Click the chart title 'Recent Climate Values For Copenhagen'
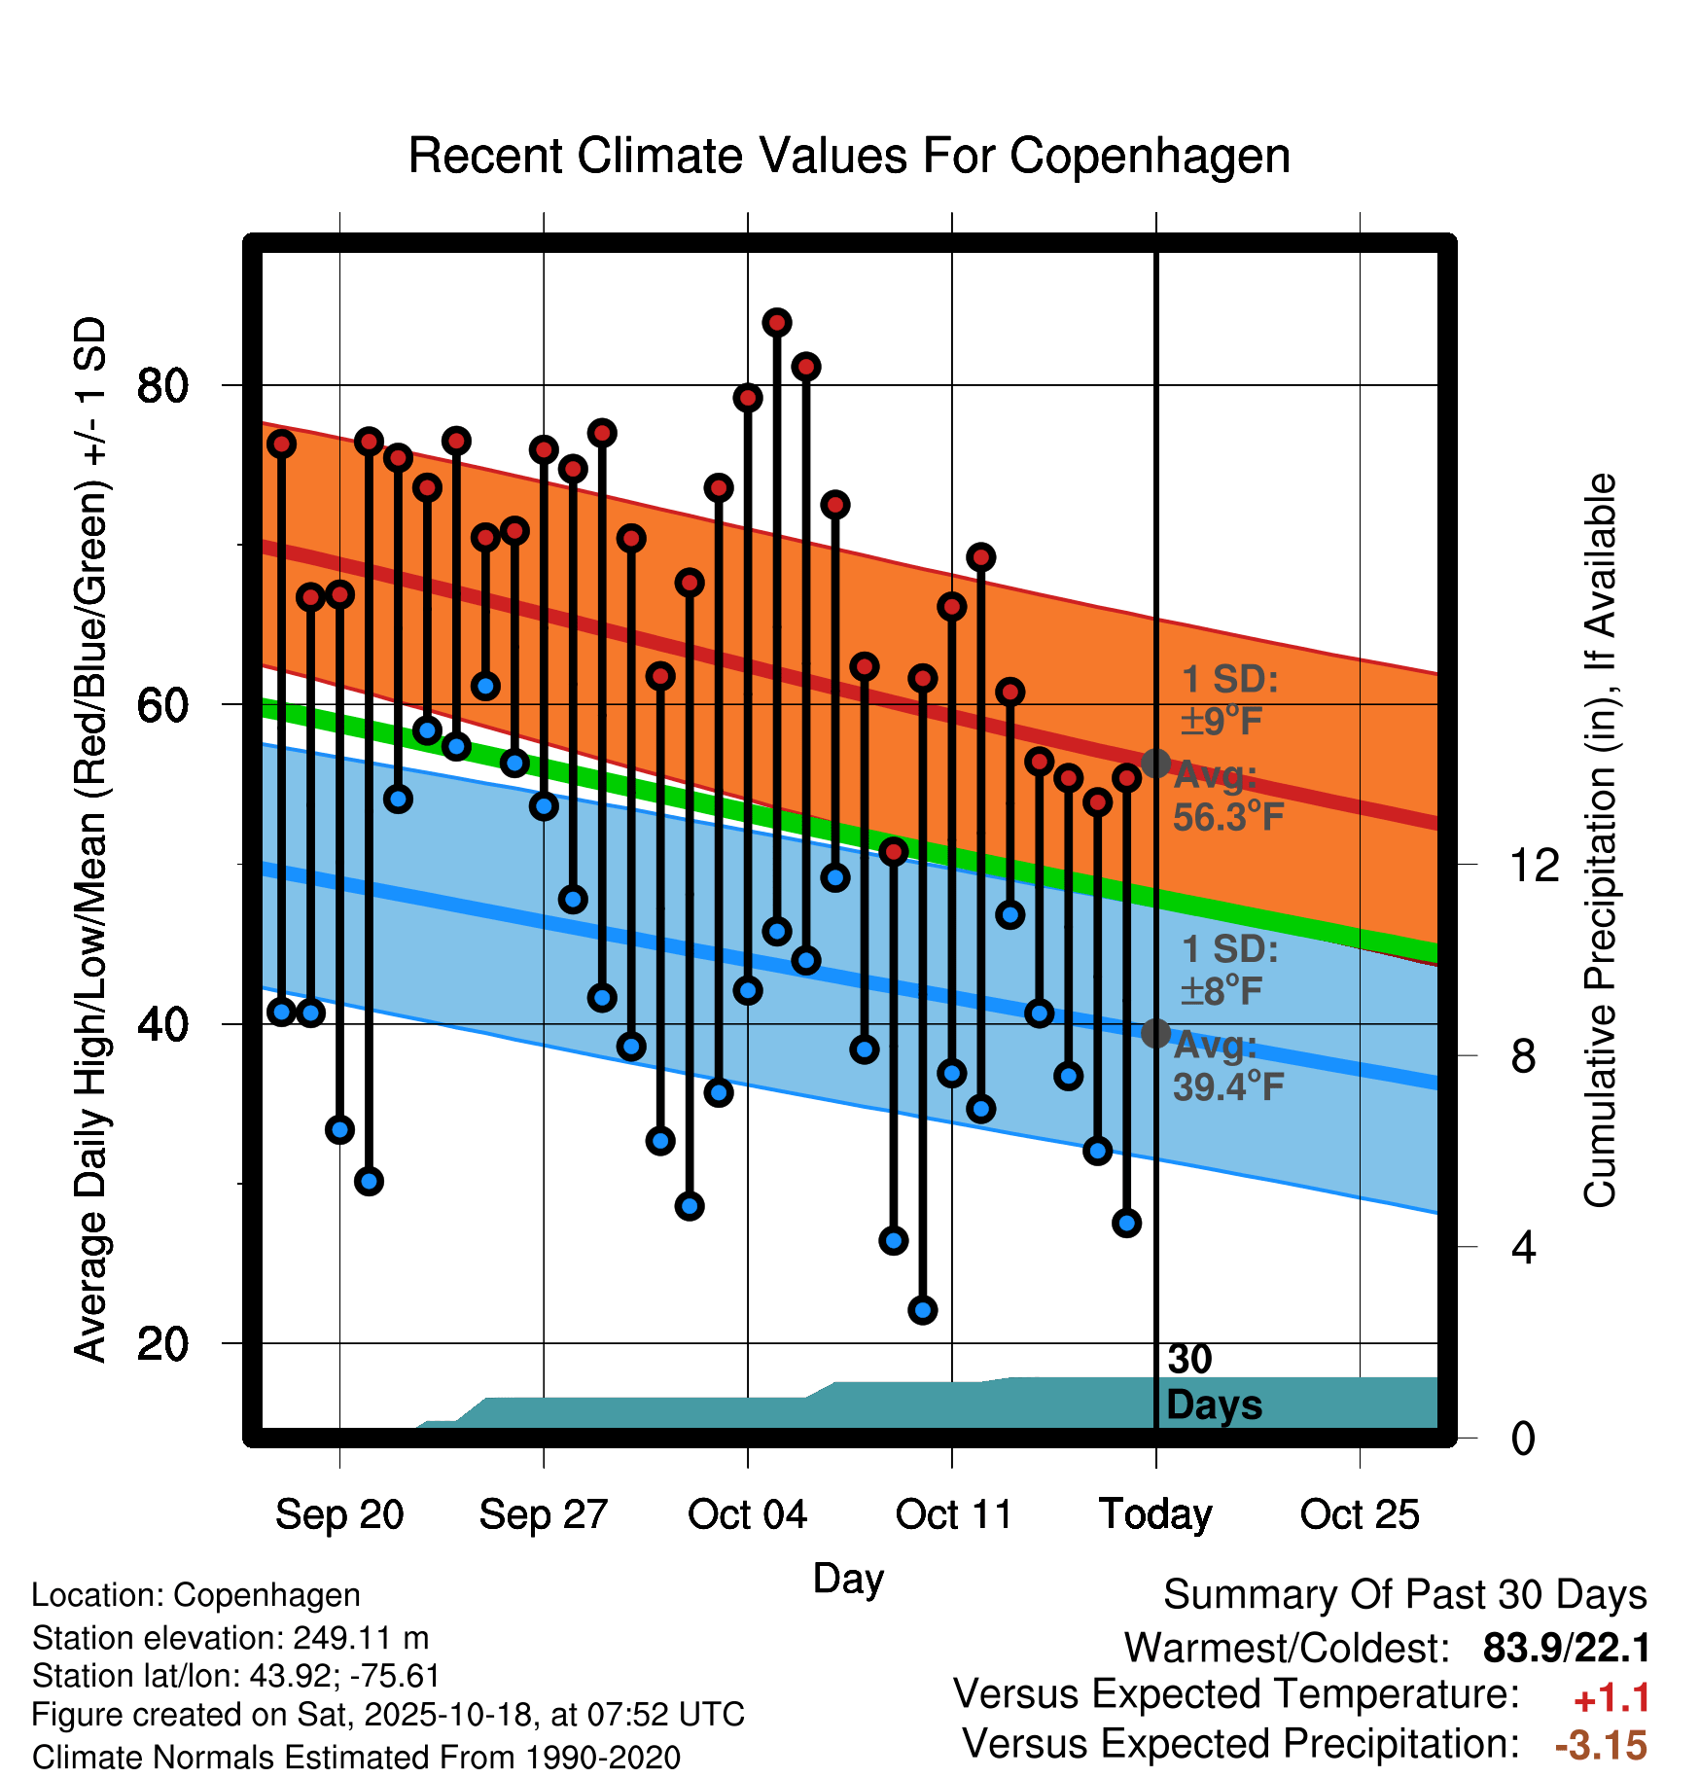[x=849, y=156]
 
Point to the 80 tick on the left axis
[x=161, y=386]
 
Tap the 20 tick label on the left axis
[x=161, y=1344]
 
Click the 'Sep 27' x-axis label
[x=543, y=1514]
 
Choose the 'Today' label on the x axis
[x=1155, y=1514]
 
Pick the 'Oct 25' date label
[x=1360, y=1514]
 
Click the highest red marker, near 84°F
[x=776, y=322]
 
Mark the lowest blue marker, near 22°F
[x=922, y=1310]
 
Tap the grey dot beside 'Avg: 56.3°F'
[x=1155, y=764]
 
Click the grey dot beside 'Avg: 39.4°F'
[x=1155, y=1033]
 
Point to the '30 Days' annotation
[x=1213, y=1382]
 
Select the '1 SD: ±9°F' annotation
[x=1229, y=700]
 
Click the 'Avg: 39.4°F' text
[x=1228, y=1066]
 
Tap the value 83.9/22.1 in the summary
[x=1566, y=1648]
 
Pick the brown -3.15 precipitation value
[x=1601, y=1746]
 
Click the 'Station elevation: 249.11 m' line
[x=230, y=1638]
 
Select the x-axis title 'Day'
[x=848, y=1578]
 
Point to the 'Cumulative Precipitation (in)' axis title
[x=1600, y=841]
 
